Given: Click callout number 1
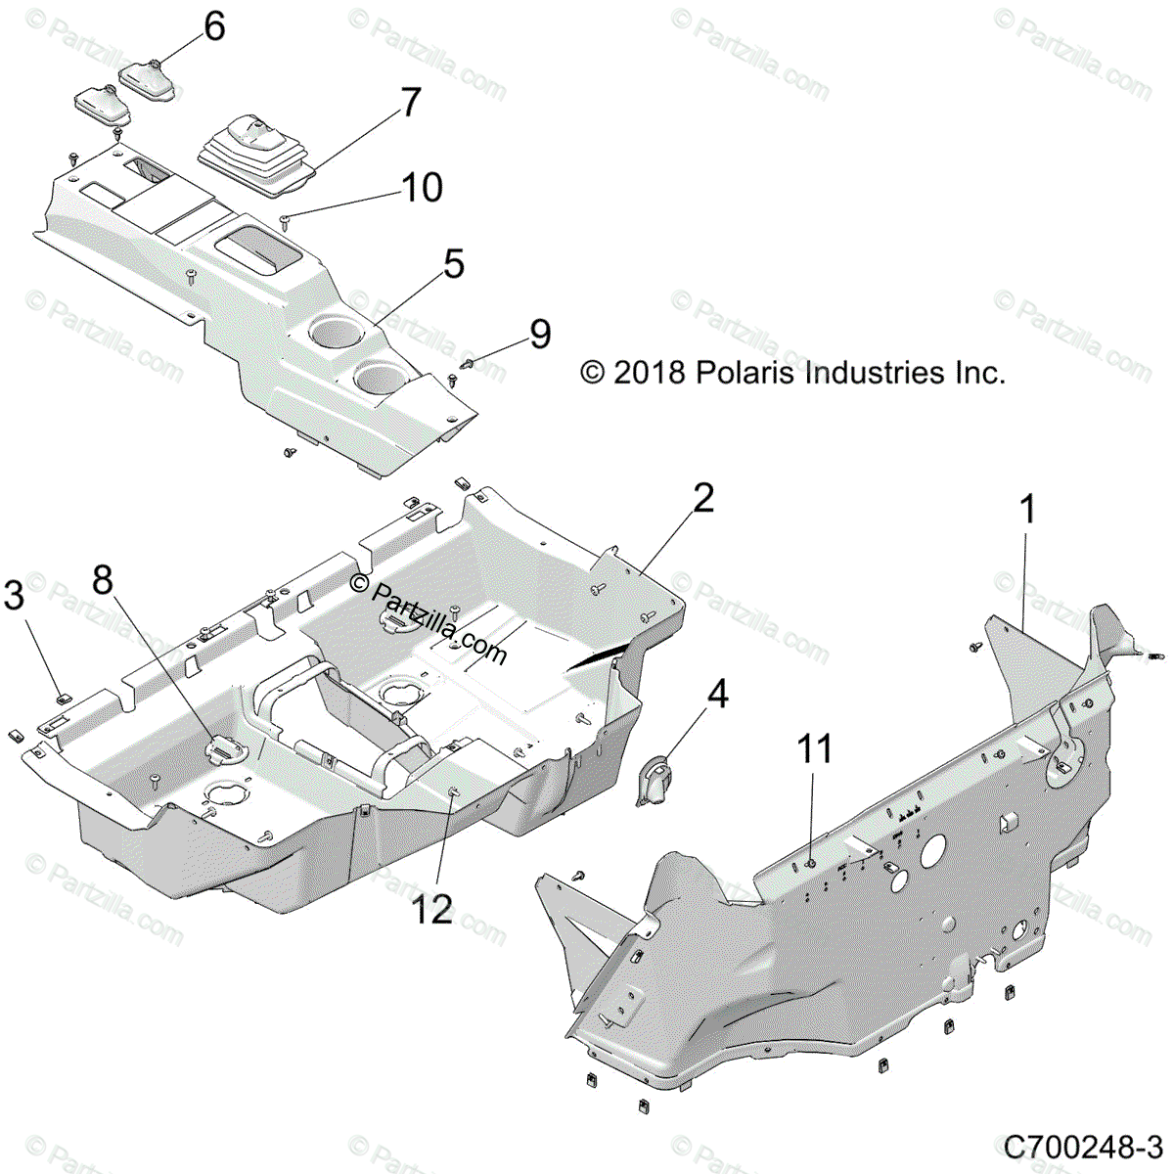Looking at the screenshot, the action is [1027, 511].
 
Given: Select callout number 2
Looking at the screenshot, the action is [703, 499].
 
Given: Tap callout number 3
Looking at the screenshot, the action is [14, 594].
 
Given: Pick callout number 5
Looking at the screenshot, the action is [453, 264].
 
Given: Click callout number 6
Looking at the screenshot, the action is [214, 26].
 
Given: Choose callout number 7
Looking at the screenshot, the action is [410, 103].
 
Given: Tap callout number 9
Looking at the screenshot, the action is [540, 334].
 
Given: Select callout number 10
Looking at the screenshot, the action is [422, 188].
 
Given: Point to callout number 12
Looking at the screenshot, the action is [431, 910].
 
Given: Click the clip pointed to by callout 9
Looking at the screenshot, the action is [467, 364].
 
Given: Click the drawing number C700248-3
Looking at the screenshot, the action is [1083, 1145].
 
